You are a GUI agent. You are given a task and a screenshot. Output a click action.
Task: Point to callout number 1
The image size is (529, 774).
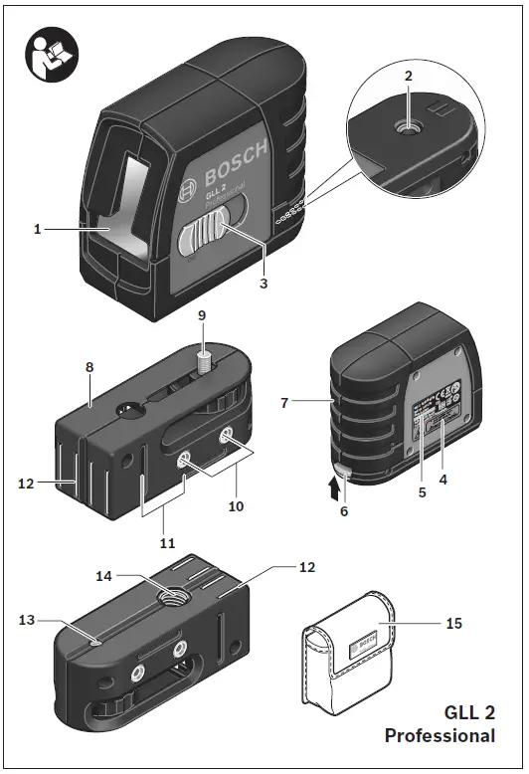36,230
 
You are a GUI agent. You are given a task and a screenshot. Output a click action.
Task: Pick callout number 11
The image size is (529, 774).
166,543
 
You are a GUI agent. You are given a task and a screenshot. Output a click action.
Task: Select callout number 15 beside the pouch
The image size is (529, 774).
453,624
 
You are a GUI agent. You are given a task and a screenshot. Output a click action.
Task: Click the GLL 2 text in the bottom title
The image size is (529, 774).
468,713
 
